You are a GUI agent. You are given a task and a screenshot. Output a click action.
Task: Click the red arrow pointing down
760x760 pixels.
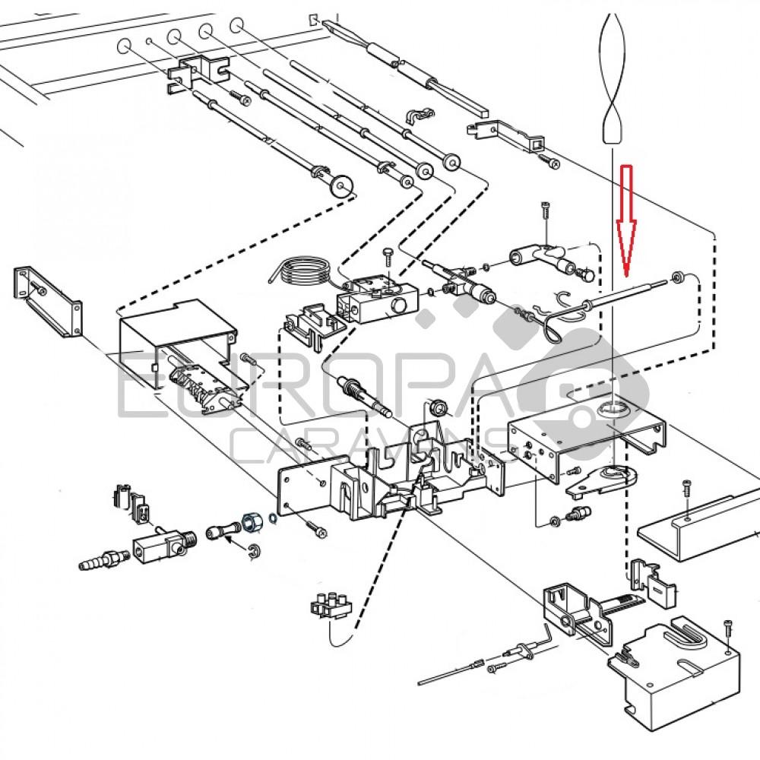626,220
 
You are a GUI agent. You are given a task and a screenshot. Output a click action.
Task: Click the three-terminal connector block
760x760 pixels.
331,605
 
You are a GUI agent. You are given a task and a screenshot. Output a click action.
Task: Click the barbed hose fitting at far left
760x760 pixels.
103,559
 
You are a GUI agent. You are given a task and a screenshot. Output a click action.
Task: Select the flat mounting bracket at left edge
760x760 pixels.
48,302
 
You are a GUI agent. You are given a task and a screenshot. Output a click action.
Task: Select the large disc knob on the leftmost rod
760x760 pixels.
342,185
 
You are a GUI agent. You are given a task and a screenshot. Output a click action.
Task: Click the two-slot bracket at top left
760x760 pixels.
198,73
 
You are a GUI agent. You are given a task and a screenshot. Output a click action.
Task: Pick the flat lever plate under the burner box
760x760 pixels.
601,481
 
